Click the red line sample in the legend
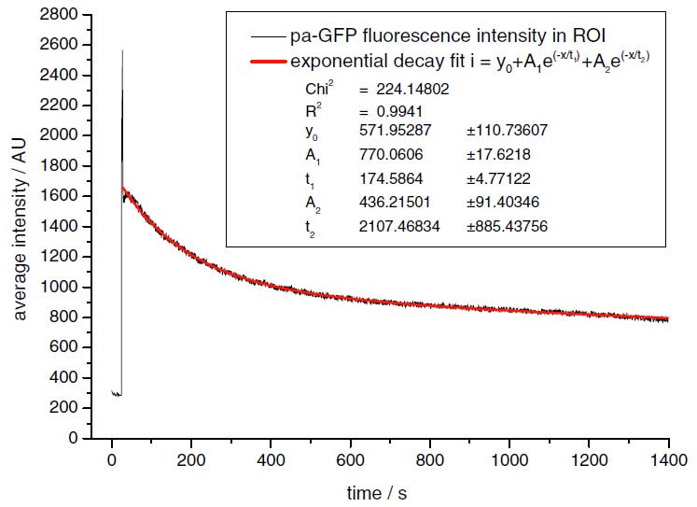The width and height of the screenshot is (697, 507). [267, 60]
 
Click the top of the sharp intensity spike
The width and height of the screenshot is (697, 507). [122, 50]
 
